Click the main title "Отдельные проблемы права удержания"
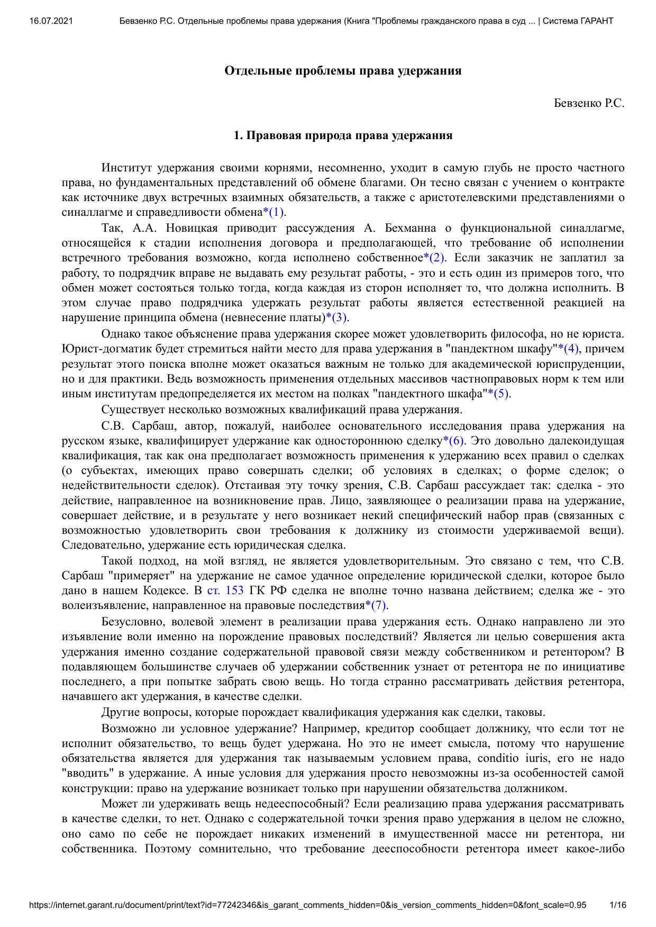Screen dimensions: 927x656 click(343, 71)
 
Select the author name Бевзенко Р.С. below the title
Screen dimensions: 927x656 click(589, 104)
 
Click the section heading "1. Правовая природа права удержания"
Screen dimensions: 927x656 click(343, 135)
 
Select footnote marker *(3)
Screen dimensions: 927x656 click(336, 318)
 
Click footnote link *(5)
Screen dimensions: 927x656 click(499, 394)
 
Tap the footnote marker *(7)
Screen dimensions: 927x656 click(377, 605)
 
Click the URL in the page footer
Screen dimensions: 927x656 click(307, 905)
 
